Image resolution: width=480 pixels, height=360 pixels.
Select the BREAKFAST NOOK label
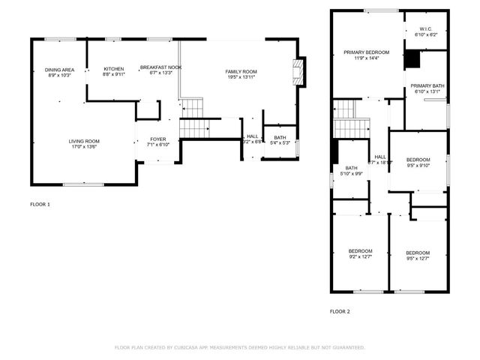point(160,67)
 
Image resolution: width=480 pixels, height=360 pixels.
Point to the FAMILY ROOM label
point(241,71)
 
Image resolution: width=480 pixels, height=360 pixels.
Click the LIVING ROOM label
point(85,141)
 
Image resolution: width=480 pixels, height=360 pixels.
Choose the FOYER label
point(157,139)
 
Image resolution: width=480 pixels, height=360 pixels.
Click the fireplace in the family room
point(299,73)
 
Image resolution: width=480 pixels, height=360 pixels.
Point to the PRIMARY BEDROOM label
point(361,52)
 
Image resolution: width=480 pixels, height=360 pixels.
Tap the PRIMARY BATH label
point(427,86)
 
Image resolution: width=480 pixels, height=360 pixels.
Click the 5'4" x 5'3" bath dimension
point(280,142)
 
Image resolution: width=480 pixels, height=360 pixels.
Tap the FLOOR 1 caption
point(40,204)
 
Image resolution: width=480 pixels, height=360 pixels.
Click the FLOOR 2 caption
point(340,311)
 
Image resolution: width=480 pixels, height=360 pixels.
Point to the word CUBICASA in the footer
point(192,347)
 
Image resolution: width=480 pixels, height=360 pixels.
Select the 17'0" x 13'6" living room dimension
point(85,147)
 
